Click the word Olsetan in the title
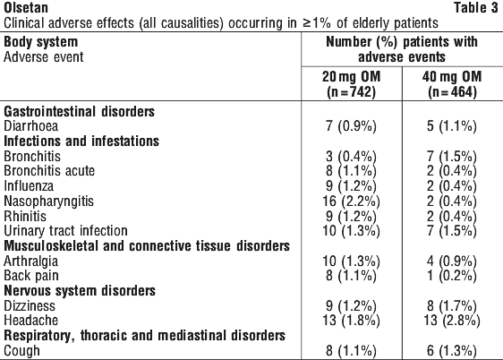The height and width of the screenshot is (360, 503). click(x=26, y=8)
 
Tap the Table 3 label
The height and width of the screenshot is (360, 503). click(x=476, y=8)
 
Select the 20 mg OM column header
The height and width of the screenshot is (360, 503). click(x=351, y=84)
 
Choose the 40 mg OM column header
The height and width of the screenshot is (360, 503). click(x=452, y=84)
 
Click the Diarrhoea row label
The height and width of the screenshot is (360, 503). click(x=31, y=126)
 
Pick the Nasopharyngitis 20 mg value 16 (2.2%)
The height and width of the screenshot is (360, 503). click(x=351, y=201)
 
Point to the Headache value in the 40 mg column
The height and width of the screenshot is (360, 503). click(x=452, y=321)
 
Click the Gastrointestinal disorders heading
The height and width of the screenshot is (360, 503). click(x=80, y=111)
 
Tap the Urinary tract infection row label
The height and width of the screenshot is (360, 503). click(x=65, y=231)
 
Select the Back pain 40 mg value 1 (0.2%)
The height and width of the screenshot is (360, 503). click(x=452, y=276)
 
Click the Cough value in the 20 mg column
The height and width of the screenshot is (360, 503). click(x=351, y=350)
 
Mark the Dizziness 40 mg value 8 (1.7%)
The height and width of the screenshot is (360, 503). click(x=452, y=305)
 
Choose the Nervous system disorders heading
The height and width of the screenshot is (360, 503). click(x=80, y=291)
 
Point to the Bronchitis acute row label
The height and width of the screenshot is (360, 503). click(x=49, y=171)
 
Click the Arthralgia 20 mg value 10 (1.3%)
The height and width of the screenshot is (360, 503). click(x=351, y=261)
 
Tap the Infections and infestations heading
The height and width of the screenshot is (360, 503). click(x=81, y=141)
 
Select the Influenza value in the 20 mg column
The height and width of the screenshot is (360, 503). click(x=351, y=186)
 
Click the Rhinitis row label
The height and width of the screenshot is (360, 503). click(x=25, y=216)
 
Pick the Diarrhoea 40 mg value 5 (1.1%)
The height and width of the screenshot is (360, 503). click(x=452, y=126)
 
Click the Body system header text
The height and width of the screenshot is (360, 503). click(x=41, y=42)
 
